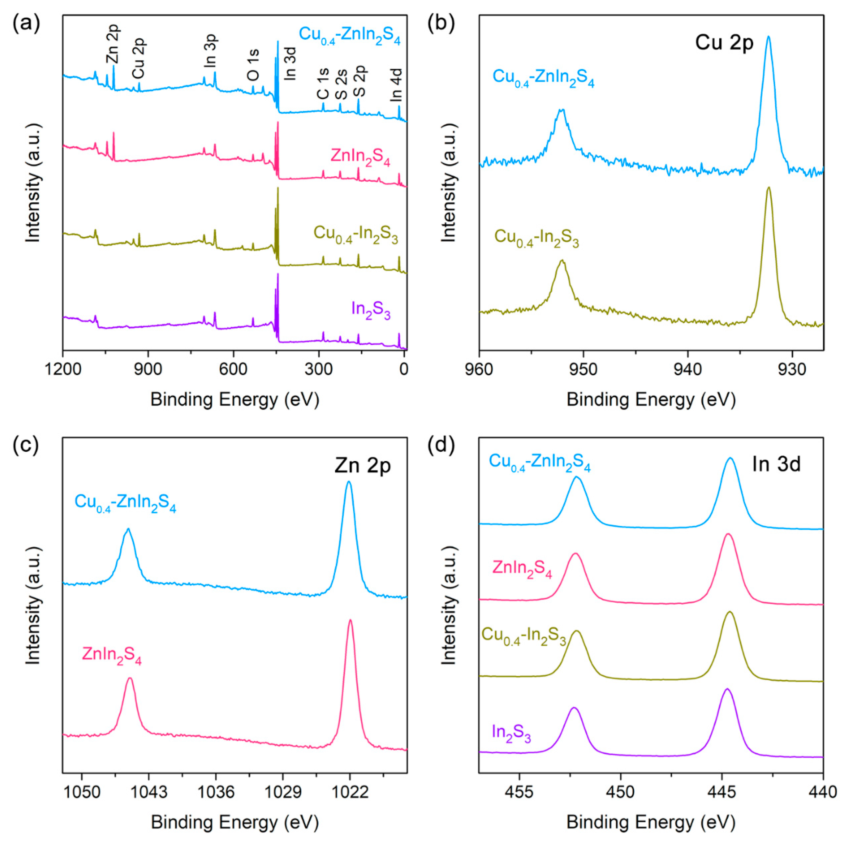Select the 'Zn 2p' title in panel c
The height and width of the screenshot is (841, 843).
(363, 466)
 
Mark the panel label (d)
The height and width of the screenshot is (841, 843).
(442, 445)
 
